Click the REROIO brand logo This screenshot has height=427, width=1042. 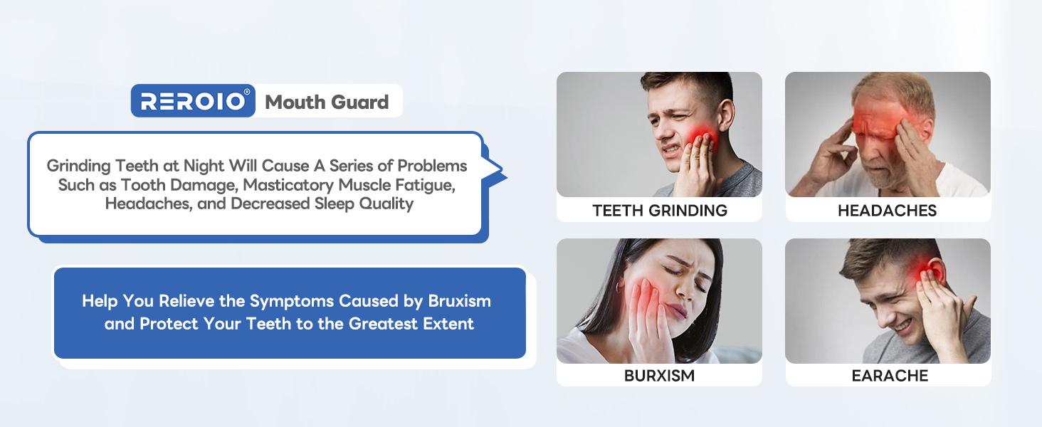(x=193, y=101)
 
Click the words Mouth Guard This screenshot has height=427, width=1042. (x=327, y=102)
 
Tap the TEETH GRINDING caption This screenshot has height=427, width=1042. (x=660, y=210)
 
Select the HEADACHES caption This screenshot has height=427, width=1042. (x=887, y=210)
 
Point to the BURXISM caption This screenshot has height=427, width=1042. (x=659, y=375)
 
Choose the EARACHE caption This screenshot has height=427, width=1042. (x=890, y=375)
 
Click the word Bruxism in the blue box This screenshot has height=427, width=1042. (x=460, y=300)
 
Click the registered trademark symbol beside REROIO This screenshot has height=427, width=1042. (x=247, y=92)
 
